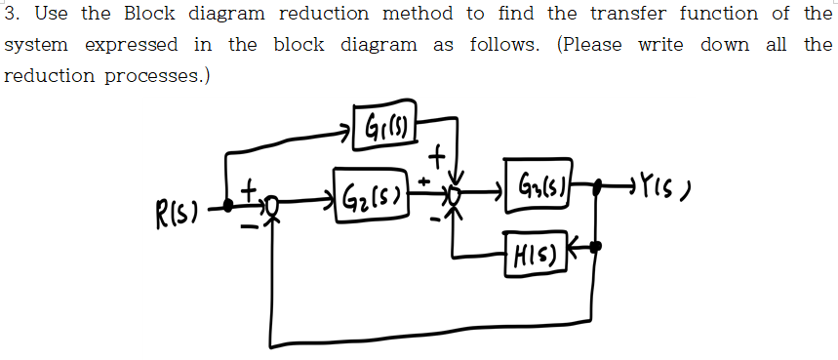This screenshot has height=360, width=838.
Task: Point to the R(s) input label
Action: (176, 209)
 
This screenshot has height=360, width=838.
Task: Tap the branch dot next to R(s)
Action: (228, 206)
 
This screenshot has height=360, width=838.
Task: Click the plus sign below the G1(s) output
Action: (439, 154)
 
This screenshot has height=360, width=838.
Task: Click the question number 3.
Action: (10, 14)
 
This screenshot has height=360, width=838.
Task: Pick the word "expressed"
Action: (132, 45)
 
